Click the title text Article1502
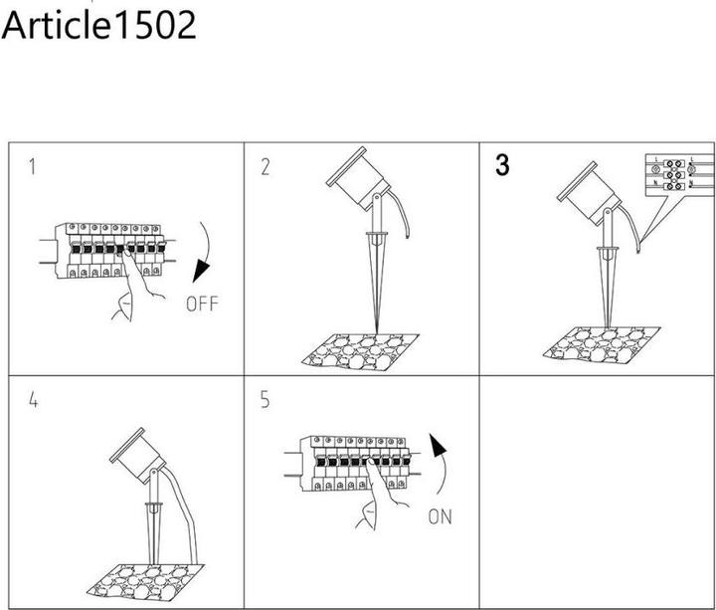tap(98, 26)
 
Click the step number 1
tap(33, 166)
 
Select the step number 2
tap(266, 167)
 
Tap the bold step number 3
tap(502, 166)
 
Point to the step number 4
tap(34, 401)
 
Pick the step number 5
tap(266, 401)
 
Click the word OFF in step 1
tap(201, 304)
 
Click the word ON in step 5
tap(440, 516)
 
